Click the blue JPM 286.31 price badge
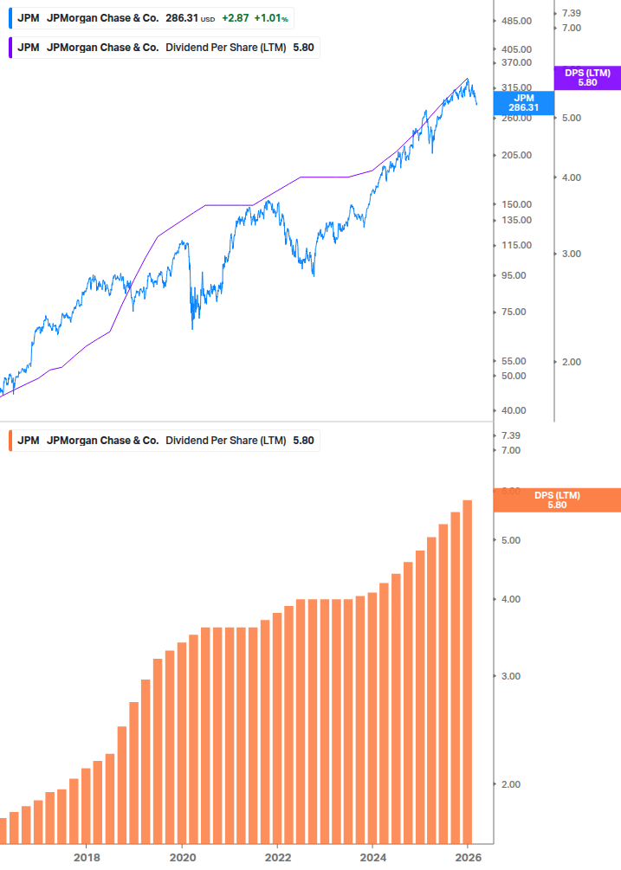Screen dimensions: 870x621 coord(524,103)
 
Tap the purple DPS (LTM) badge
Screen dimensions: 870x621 coord(586,78)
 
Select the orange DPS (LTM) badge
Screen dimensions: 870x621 coord(556,500)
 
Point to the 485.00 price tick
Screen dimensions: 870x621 coord(515,21)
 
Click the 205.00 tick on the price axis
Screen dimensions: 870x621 coord(515,155)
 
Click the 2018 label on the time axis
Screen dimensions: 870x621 coord(87,857)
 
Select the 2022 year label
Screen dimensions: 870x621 coord(277,857)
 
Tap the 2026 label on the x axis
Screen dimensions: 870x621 coord(468,857)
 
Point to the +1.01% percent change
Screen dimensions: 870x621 coord(272,17)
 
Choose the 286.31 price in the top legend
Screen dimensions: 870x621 coord(181,17)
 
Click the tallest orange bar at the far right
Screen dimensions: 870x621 coord(467,671)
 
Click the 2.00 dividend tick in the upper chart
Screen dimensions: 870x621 coord(571,362)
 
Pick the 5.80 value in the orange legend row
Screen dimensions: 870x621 coord(303,440)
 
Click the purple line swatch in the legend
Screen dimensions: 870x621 coord(9,47)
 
